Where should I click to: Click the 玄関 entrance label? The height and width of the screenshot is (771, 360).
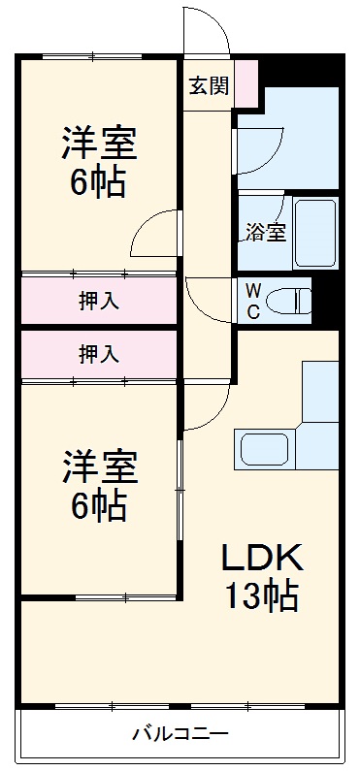tap(208, 85)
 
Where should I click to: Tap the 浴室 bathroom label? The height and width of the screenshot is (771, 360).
tap(265, 232)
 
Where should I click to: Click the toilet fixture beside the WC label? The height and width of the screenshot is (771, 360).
tap(290, 301)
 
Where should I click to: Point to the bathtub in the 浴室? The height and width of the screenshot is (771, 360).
tap(313, 233)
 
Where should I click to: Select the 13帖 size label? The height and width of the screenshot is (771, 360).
tap(262, 595)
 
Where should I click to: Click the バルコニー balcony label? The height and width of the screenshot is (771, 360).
tap(180, 734)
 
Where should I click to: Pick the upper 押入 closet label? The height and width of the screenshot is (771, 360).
tap(99, 300)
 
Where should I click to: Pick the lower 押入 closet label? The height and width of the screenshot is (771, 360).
tap(99, 354)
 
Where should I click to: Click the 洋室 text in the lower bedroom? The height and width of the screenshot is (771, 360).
tap(99, 466)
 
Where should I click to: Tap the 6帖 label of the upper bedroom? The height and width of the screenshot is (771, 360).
tap(99, 182)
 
